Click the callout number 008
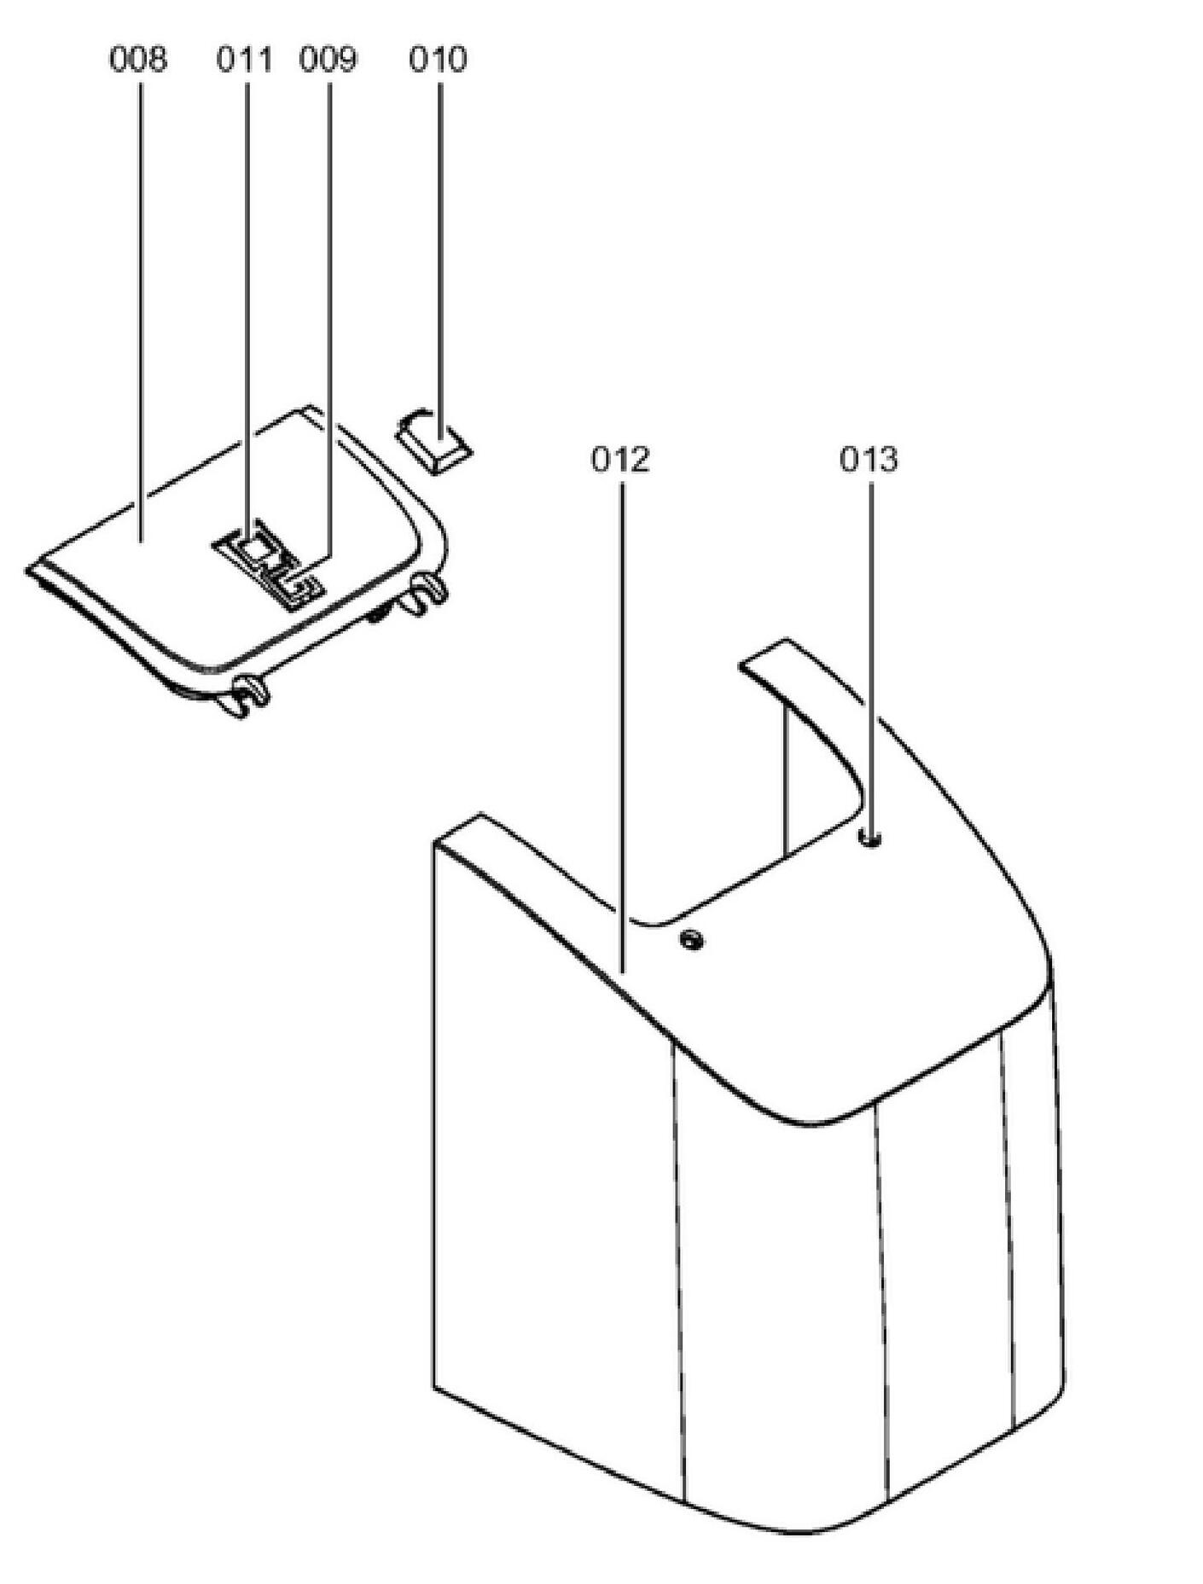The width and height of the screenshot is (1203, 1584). (x=138, y=60)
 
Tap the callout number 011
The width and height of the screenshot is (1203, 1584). (x=244, y=60)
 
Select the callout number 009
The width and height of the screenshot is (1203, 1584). (x=328, y=60)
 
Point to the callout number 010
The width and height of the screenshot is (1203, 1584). (x=438, y=60)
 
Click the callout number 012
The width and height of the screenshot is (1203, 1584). (x=620, y=459)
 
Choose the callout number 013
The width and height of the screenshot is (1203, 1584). (x=869, y=459)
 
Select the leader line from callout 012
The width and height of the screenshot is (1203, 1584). (x=622, y=725)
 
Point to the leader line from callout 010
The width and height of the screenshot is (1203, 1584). (x=440, y=256)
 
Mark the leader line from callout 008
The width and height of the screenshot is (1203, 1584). (x=141, y=299)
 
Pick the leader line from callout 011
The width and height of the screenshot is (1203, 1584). (x=247, y=299)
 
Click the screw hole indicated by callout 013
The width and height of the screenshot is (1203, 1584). (x=870, y=840)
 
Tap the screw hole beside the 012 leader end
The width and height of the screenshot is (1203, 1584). (x=691, y=941)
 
